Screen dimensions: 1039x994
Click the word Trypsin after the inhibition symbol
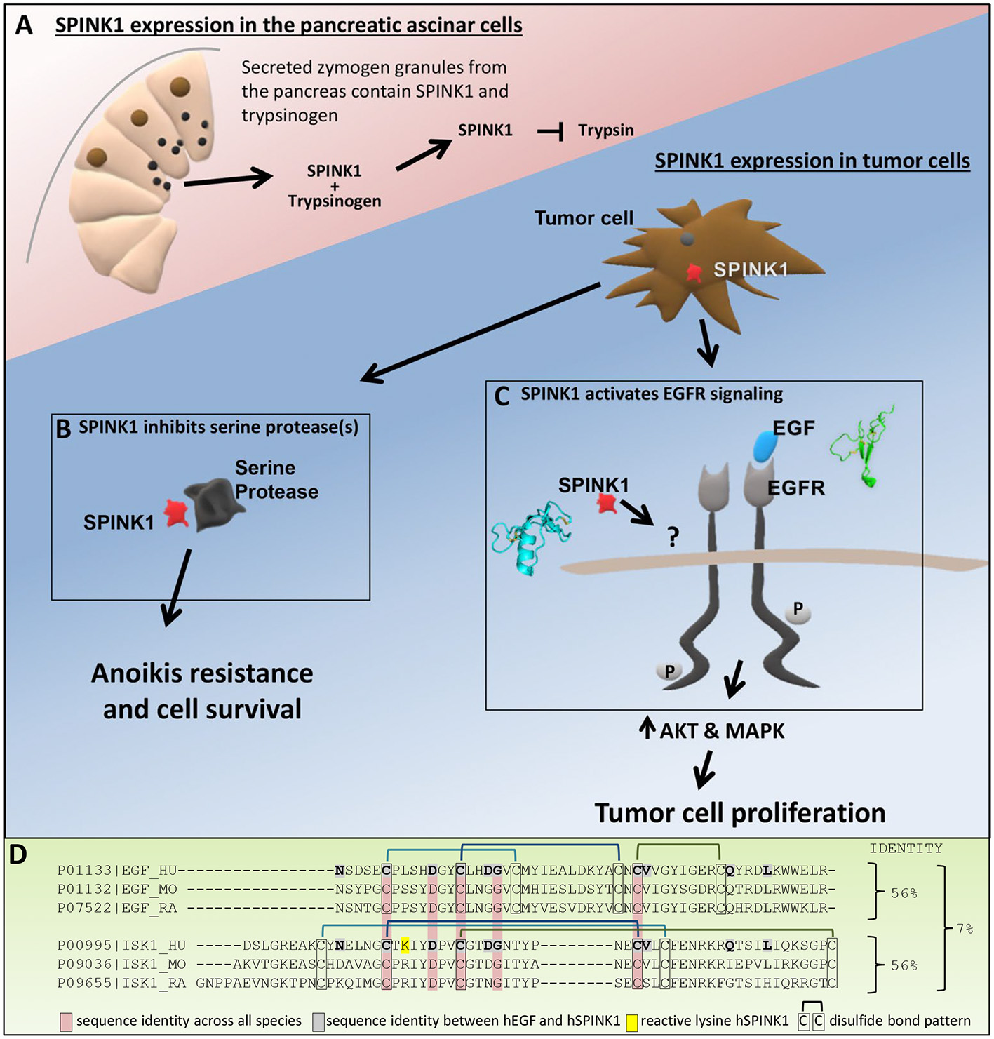pos(605,130)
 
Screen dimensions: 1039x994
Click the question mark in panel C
pos(673,537)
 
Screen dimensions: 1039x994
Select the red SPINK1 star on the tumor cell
pos(694,272)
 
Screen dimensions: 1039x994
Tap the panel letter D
pos(18,854)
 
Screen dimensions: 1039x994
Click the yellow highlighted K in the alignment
pos(405,945)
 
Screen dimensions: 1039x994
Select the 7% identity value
pos(965,928)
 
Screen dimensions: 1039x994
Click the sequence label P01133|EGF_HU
pos(117,871)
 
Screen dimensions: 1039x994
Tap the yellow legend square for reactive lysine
pos(631,1021)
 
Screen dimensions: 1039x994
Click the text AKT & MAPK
pos(722,731)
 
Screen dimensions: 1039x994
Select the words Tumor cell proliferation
pos(740,812)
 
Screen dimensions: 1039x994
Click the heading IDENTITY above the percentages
pos(906,848)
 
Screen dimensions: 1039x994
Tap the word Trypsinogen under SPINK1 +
pos(335,201)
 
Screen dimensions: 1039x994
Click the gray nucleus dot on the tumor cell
pos(687,240)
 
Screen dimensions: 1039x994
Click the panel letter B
pos(63,429)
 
